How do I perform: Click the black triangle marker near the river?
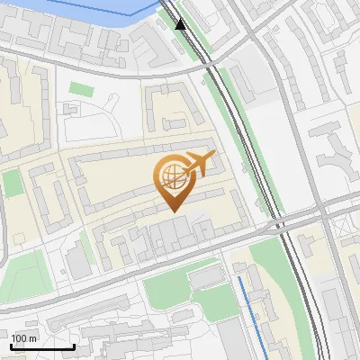pyautogui.click(x=181, y=24)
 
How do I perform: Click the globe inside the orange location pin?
pyautogui.click(x=171, y=175)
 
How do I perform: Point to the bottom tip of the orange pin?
pyautogui.click(x=174, y=211)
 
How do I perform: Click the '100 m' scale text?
pyautogui.click(x=24, y=338)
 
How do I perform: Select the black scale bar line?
pyautogui.click(x=41, y=347)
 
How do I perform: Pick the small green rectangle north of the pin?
pyautogui.click(x=82, y=89)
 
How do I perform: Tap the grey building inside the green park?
pyautogui.click(x=205, y=278)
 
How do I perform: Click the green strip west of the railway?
pyautogui.click(x=229, y=99)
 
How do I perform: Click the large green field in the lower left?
pyautogui.click(x=22, y=270)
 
